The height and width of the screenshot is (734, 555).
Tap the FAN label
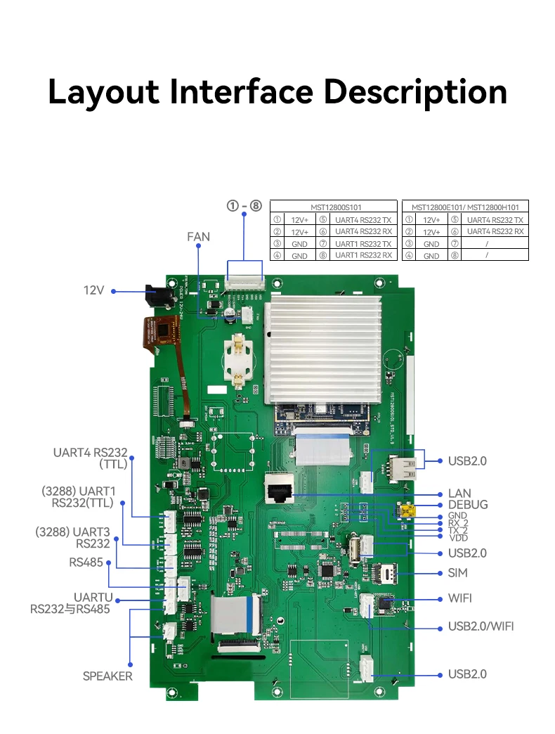point(198,237)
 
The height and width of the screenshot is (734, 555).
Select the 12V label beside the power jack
point(94,290)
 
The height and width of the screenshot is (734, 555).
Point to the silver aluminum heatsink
point(322,348)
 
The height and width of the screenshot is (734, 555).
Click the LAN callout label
point(459,494)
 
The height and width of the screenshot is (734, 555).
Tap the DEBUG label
point(467,505)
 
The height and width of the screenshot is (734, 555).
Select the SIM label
point(457,573)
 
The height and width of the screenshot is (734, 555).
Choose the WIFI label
point(460,598)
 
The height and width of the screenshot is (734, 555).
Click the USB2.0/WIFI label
point(481,626)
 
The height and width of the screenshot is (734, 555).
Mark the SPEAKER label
point(107,676)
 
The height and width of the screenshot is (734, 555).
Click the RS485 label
point(86,562)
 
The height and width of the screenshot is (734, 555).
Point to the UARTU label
point(93,598)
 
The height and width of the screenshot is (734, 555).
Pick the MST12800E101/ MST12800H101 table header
point(466,207)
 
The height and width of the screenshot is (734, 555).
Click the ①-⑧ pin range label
point(244,206)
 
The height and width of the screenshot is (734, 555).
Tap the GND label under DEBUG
point(457,515)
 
